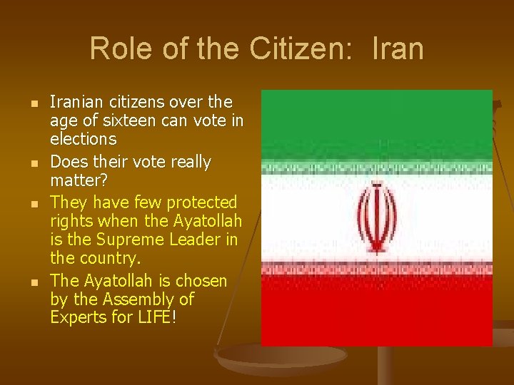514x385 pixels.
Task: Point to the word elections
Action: point(83,138)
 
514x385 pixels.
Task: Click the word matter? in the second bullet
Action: point(78,181)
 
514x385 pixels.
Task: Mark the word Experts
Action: point(79,317)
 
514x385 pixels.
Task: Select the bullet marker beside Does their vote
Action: point(24,163)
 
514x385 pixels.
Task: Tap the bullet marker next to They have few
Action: point(24,204)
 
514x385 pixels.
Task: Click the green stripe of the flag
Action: point(376,125)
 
